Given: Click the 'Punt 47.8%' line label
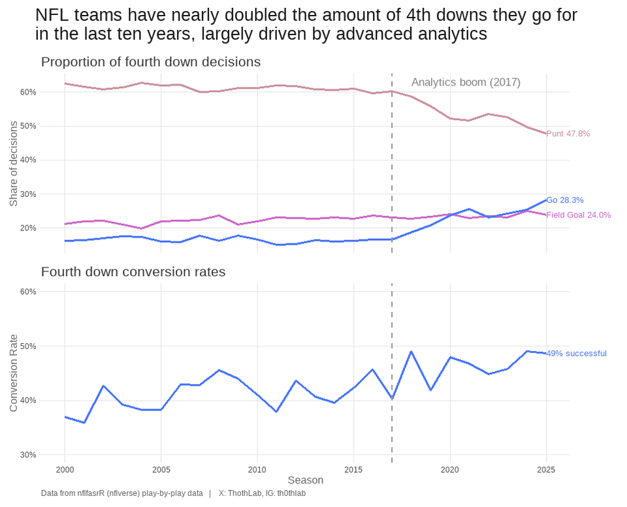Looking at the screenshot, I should [x=568, y=134].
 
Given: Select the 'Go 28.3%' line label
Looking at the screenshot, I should [x=565, y=200].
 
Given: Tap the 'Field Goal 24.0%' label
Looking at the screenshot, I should [x=578, y=215].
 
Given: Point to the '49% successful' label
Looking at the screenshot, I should [x=576, y=354].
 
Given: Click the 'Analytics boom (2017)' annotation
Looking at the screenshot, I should [x=466, y=82].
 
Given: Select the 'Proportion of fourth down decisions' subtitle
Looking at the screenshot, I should [x=151, y=62].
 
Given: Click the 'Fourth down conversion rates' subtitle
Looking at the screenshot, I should [x=133, y=272].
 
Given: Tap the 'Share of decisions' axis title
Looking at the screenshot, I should [x=14, y=163].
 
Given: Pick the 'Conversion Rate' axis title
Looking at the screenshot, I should [x=14, y=373].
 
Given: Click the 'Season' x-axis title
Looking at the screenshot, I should [x=306, y=480].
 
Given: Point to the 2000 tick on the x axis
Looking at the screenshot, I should [x=65, y=470].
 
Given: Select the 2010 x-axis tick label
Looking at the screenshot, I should [x=257, y=470].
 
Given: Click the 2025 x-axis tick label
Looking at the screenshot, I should [x=546, y=470].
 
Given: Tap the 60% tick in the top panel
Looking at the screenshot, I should [x=28, y=92].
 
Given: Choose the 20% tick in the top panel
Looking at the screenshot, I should [x=28, y=228].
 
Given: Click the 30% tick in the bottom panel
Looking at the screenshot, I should [x=28, y=455].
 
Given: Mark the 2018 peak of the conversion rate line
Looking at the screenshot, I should [x=411, y=352].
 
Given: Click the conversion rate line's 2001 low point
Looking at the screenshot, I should [x=84, y=423].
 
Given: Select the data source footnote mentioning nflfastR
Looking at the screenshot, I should [x=121, y=493].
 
